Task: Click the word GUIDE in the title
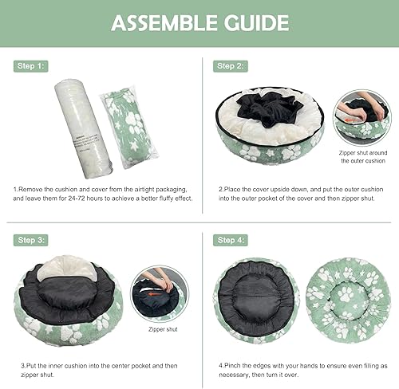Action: (x=255, y=23)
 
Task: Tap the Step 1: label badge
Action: (x=30, y=66)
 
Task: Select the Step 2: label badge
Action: (x=229, y=66)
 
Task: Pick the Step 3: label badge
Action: (x=30, y=238)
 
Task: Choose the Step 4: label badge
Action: (x=229, y=238)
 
